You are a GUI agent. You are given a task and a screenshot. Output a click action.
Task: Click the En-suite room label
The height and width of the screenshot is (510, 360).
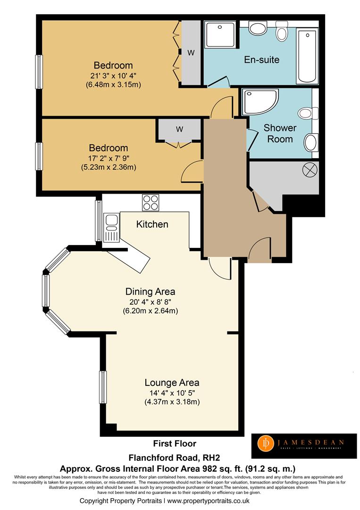[x=261, y=60]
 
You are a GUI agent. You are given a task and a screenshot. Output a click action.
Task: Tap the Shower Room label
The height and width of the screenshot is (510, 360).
[x=280, y=133]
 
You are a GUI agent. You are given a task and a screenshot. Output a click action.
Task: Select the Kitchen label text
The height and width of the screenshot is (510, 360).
[x=152, y=224]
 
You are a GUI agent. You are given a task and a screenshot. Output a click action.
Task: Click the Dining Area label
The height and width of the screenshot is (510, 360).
[x=150, y=291]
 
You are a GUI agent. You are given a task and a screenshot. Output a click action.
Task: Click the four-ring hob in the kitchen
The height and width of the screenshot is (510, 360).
[x=151, y=203]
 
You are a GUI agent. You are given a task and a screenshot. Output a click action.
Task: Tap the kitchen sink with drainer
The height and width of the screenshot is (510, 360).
[x=111, y=227]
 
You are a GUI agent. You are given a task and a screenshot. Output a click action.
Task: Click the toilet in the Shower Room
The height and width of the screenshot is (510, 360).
[x=305, y=113]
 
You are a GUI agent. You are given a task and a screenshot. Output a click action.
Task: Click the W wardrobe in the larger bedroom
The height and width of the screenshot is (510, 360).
[x=191, y=53]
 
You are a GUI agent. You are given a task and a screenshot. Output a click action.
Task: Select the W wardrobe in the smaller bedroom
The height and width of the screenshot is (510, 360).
[x=180, y=129]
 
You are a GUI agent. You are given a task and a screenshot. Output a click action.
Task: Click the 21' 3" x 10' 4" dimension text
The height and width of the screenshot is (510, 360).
[x=113, y=76]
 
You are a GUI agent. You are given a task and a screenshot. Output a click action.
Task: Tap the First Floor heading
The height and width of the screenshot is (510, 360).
[x=175, y=443]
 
